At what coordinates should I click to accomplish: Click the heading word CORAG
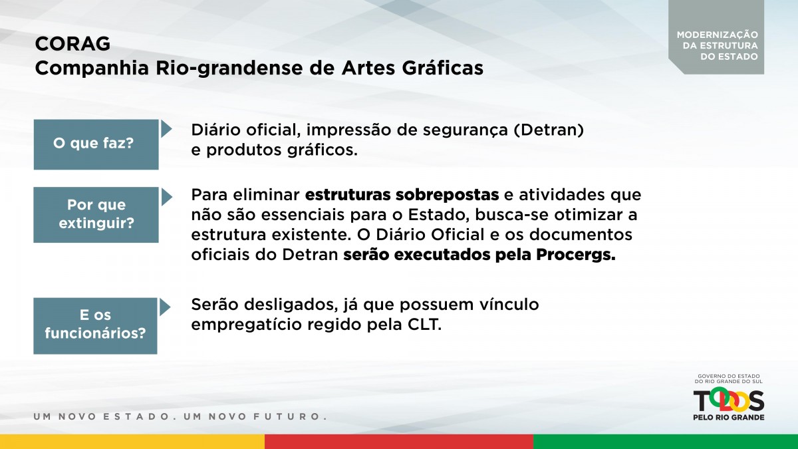(72, 44)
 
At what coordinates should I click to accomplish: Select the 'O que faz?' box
(96, 144)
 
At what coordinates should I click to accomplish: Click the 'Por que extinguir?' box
(96, 215)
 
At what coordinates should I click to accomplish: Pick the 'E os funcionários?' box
(96, 326)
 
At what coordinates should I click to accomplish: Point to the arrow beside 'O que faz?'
(166, 129)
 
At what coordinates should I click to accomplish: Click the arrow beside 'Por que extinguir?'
(166, 197)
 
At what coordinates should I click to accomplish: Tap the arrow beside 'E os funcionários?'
(165, 307)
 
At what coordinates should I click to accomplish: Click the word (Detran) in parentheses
(549, 130)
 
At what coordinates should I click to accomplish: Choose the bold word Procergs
(576, 255)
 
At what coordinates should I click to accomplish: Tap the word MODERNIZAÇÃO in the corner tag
(718, 35)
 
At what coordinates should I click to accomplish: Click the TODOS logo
(729, 400)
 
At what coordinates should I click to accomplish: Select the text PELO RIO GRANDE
(729, 417)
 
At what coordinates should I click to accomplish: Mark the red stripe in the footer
(399, 442)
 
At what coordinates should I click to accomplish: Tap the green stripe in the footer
(666, 442)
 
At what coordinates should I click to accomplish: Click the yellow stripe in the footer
(132, 442)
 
